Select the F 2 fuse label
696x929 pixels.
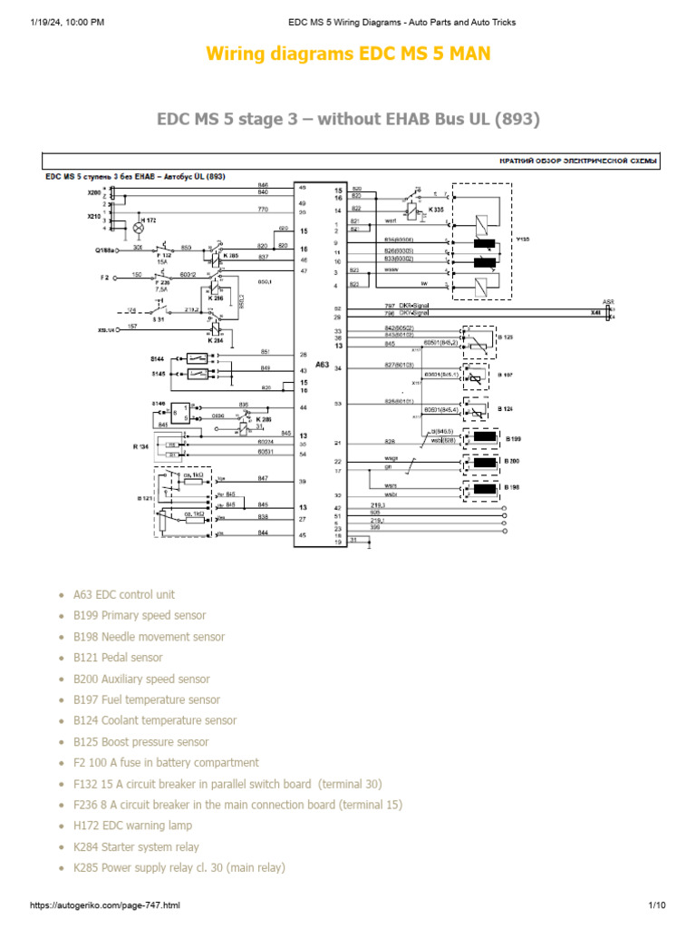click(x=104, y=276)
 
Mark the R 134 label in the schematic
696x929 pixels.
click(x=140, y=447)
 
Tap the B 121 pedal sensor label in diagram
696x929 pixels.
click(x=143, y=497)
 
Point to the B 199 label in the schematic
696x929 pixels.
click(x=513, y=438)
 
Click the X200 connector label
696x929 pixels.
click(x=94, y=193)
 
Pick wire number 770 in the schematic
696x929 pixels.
click(x=263, y=210)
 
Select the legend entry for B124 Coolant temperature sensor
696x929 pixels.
click(x=155, y=720)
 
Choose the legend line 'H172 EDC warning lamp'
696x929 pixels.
click(x=132, y=826)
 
